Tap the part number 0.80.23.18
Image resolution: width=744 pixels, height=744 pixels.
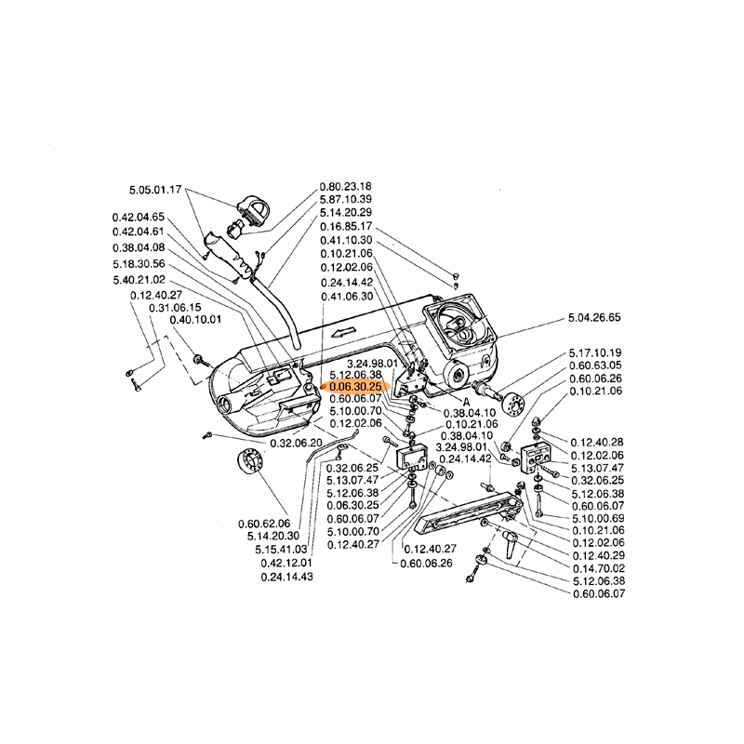pos(346,185)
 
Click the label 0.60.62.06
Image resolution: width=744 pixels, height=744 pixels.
pos(264,524)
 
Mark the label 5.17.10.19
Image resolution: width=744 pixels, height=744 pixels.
pos(594,353)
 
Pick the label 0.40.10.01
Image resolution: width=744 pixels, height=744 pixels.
pos(195,320)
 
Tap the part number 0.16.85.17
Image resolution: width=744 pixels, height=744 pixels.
pos(346,226)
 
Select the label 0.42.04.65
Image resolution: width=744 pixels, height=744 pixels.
pos(138,218)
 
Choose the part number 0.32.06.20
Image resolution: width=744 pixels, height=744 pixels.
pos(296,443)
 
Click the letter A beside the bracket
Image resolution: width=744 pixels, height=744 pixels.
pos(463,394)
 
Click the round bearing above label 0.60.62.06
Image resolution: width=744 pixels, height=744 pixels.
pos(250,462)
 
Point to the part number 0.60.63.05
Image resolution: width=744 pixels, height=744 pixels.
pos(594,365)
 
